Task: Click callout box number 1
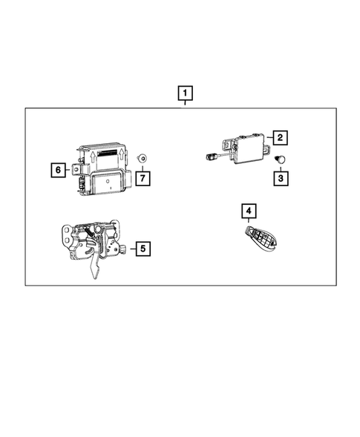point(185,94)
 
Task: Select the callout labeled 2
point(280,137)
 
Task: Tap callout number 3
point(280,179)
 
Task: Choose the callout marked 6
point(57,170)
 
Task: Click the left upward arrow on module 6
point(91,154)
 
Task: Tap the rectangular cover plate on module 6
point(109,180)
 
